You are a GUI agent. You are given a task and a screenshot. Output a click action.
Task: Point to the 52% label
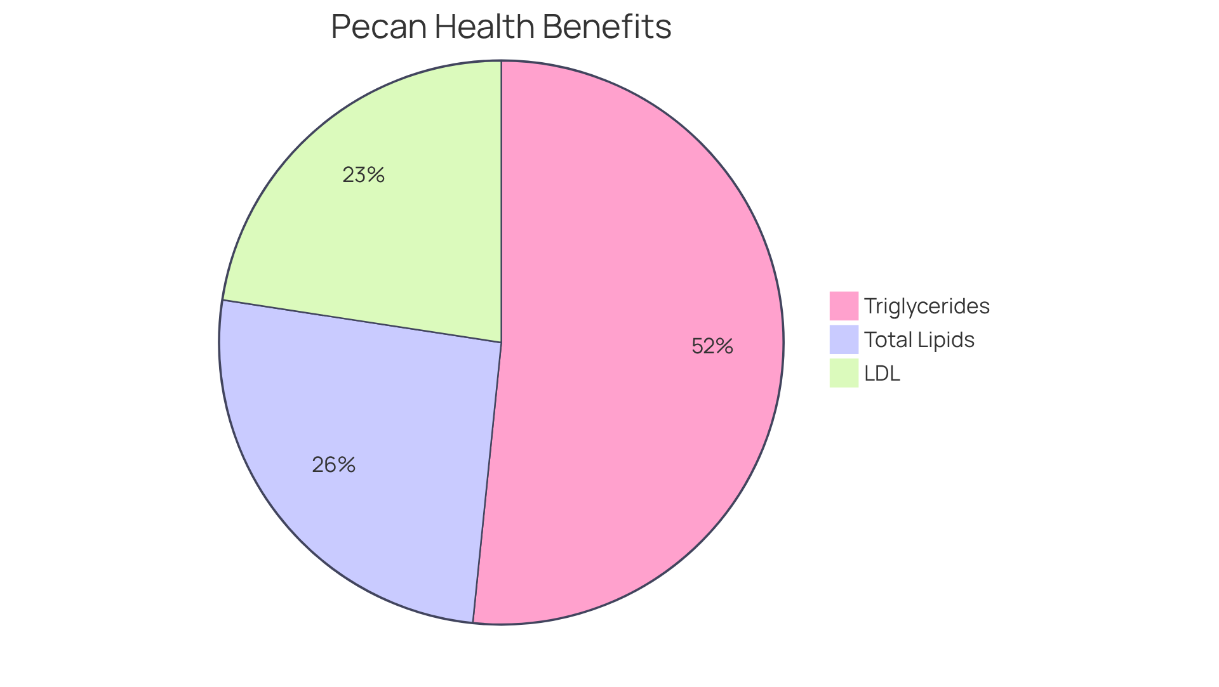click(712, 346)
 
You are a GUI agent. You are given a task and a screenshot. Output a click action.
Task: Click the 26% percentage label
click(333, 465)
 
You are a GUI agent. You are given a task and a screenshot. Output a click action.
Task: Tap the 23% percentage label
click(363, 175)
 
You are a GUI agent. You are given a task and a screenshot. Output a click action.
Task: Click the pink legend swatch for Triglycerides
click(843, 306)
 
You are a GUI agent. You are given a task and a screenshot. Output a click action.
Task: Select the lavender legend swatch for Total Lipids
click(843, 339)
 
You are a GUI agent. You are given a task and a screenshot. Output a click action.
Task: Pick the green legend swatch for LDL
click(843, 373)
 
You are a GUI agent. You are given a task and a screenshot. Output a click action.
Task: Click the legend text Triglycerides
click(926, 306)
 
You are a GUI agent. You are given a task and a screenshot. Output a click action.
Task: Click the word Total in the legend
click(888, 340)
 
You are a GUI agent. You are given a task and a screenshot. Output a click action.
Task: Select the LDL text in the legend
click(882, 374)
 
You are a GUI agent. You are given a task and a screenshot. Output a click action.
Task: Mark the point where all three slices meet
click(502, 343)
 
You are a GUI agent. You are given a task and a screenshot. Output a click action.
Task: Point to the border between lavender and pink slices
click(488, 482)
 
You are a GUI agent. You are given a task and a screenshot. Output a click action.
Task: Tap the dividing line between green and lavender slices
click(362, 322)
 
